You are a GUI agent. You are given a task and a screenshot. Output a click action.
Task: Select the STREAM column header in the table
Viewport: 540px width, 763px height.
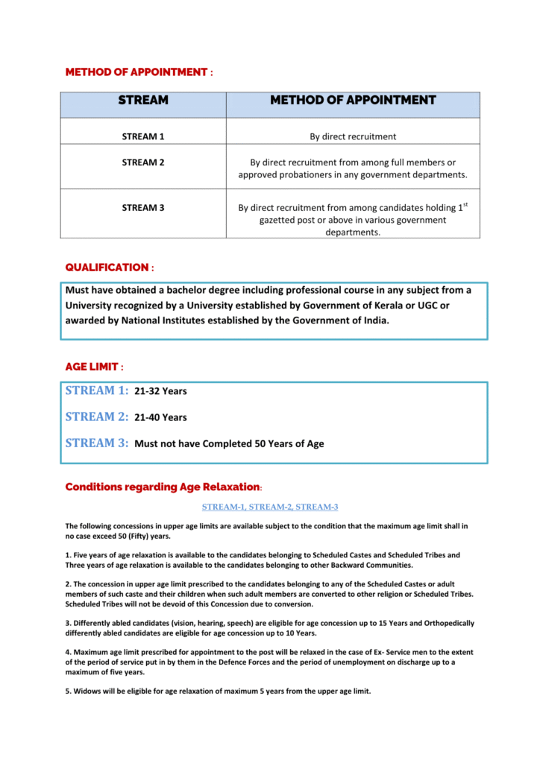pyautogui.click(x=143, y=100)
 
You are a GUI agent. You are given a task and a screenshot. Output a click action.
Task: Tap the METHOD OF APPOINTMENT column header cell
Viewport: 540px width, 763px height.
pyautogui.click(x=353, y=100)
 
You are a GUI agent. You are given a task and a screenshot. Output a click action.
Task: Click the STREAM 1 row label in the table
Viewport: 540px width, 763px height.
pyautogui.click(x=143, y=136)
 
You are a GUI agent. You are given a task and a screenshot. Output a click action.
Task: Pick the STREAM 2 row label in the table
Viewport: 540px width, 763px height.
pyautogui.click(x=143, y=162)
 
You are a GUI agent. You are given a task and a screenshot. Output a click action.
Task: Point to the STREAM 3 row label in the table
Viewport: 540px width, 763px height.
pyautogui.click(x=143, y=208)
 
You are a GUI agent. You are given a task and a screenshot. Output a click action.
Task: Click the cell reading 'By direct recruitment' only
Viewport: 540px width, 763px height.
pyautogui.click(x=353, y=136)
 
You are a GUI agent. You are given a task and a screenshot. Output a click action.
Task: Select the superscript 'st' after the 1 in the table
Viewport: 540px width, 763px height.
pyautogui.click(x=465, y=204)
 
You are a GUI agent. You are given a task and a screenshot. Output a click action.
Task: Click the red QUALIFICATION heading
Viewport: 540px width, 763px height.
pyautogui.click(x=107, y=267)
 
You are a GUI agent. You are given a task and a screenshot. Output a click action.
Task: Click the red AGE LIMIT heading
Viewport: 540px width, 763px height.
pyautogui.click(x=91, y=367)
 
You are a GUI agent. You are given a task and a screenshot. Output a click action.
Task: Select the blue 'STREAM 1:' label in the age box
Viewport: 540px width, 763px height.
pyautogui.click(x=97, y=390)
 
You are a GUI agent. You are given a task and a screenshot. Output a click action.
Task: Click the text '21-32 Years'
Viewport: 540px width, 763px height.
pyautogui.click(x=160, y=392)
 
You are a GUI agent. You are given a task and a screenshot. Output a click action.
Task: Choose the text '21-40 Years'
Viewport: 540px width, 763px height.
pyautogui.click(x=160, y=418)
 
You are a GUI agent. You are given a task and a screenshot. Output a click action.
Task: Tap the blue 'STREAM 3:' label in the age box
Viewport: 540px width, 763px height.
pyautogui.click(x=97, y=443)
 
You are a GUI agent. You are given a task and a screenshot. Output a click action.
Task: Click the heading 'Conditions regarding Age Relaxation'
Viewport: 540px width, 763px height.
pyautogui.click(x=163, y=487)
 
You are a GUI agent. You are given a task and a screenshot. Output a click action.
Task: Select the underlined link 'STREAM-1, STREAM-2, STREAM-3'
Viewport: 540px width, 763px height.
pyautogui.click(x=270, y=507)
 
